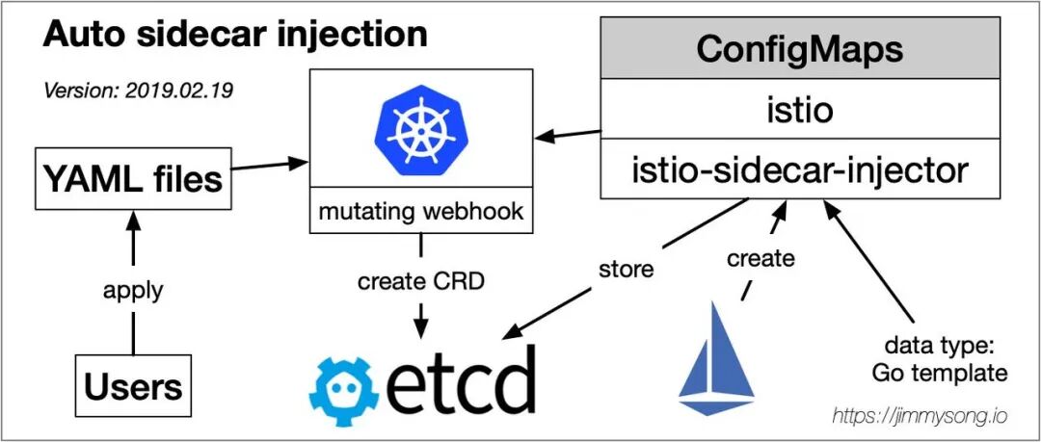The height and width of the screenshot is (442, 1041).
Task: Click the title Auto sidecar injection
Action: click(x=234, y=36)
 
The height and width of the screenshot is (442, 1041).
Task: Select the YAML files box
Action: click(x=133, y=179)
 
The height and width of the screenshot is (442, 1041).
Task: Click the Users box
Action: click(x=133, y=386)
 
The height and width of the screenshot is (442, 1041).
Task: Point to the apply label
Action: click(x=133, y=290)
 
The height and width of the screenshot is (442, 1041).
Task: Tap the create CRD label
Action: click(x=420, y=282)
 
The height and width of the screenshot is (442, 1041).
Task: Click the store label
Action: click(x=627, y=270)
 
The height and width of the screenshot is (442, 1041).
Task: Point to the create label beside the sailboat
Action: click(x=761, y=258)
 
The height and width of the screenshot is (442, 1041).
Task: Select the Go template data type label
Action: click(x=941, y=359)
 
